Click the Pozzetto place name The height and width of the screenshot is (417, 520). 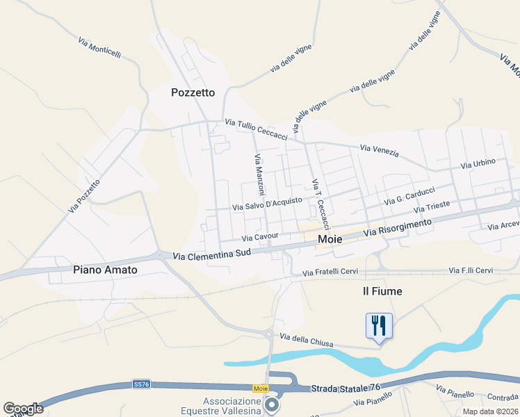point(193,92)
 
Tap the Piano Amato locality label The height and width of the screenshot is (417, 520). point(105,269)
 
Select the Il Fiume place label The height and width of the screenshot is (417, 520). point(382,291)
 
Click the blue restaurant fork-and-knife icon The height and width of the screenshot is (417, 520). point(379,325)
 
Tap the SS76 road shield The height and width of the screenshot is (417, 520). point(141,384)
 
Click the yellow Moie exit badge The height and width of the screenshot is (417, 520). point(261,388)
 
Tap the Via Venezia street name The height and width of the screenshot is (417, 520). point(380,150)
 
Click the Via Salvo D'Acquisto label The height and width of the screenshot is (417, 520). point(267,204)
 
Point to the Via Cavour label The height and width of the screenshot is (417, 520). point(260,237)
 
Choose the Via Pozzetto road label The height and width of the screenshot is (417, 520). point(85,195)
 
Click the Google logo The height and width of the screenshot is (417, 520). point(24,409)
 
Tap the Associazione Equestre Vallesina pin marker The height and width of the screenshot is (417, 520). point(272,404)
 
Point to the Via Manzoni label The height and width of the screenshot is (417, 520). point(259,174)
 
